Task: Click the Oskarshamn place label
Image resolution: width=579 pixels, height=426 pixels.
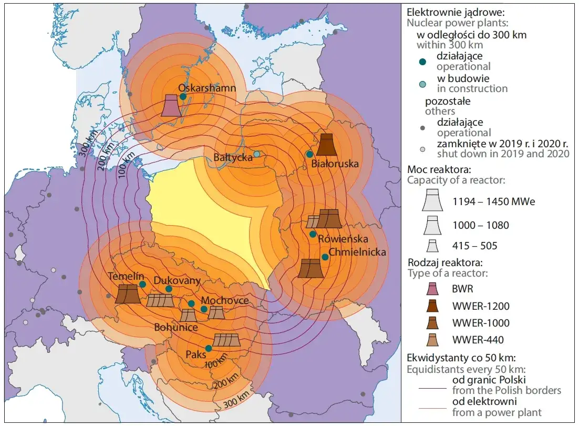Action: (x=207, y=88)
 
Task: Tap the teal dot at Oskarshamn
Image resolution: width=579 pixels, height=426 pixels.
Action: (x=183, y=96)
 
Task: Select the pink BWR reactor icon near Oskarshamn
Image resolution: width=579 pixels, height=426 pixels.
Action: (x=171, y=105)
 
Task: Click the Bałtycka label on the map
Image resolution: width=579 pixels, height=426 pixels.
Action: (x=233, y=157)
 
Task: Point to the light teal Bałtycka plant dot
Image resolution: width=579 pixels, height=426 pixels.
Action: (x=257, y=154)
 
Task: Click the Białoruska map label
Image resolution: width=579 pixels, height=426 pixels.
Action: (x=335, y=164)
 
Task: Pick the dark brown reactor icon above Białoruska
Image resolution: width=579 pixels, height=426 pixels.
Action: (x=326, y=145)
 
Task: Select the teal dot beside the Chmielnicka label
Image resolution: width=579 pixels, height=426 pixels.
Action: (x=325, y=257)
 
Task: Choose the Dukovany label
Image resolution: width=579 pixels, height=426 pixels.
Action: (x=177, y=280)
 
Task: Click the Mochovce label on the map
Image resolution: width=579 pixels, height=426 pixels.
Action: (x=224, y=300)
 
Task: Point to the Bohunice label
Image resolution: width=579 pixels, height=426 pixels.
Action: (x=176, y=327)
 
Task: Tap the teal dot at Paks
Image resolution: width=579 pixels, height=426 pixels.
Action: (x=209, y=348)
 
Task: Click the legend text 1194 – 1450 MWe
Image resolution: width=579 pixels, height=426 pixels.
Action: (x=493, y=201)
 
